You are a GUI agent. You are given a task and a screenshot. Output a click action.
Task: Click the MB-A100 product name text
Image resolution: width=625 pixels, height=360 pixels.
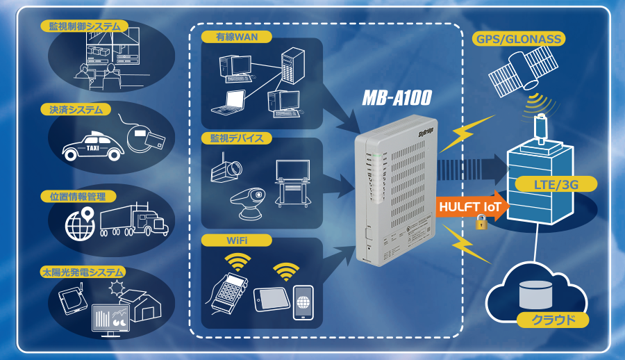397,99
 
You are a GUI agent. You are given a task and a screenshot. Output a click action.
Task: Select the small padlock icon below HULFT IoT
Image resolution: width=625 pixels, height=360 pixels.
480,222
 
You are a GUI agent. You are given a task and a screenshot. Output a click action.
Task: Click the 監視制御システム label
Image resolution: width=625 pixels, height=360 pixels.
84,26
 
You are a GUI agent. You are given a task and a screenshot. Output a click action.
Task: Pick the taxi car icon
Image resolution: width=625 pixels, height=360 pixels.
91,145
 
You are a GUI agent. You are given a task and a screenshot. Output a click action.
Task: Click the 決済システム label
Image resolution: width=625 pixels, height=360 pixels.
76,110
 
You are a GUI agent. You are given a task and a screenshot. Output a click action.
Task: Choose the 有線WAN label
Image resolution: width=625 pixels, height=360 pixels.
226,36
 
